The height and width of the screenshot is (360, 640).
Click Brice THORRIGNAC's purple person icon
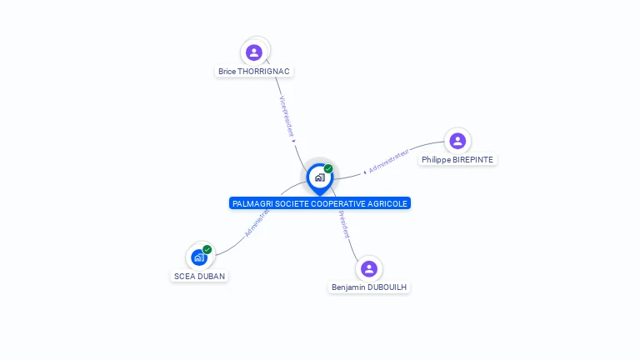tap(254, 52)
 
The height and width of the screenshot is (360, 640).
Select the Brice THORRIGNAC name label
tap(254, 72)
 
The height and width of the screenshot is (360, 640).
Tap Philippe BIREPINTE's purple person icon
tap(457, 141)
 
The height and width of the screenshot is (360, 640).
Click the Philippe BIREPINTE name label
tap(457, 159)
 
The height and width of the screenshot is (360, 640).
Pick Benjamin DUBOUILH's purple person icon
tap(369, 268)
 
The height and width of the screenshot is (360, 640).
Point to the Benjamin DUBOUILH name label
tap(370, 287)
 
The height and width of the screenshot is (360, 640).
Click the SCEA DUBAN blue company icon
tap(199, 257)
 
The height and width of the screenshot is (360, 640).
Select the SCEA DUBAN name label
tap(199, 276)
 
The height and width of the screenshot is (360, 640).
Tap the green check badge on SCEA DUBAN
tap(207, 249)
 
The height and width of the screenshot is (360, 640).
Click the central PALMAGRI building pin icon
tap(319, 177)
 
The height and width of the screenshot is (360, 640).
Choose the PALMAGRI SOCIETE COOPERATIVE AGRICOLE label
tap(320, 203)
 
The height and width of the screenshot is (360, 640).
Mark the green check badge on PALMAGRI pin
tap(328, 169)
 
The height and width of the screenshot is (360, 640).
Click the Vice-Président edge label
tap(287, 116)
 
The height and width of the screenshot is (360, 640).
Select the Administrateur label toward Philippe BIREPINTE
tap(389, 162)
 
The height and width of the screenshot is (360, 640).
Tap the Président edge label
tap(343, 224)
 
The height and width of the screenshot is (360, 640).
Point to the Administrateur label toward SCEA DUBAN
tap(257, 222)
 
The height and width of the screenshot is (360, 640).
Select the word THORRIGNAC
tap(264, 72)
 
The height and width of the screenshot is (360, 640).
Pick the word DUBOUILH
tap(387, 287)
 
